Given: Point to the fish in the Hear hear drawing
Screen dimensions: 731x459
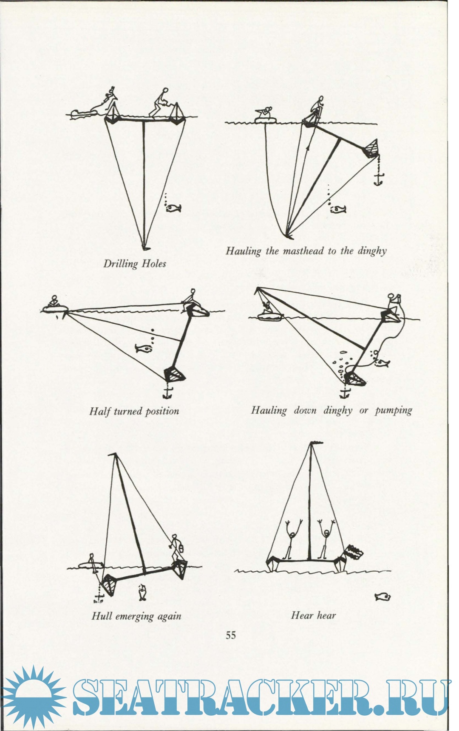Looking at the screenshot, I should point(383,597).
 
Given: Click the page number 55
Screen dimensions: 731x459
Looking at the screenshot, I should point(231,635).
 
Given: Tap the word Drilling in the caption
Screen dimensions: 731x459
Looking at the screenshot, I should point(121,264).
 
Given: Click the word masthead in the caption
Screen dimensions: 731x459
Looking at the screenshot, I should point(303,251).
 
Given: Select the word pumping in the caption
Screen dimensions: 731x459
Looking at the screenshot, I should point(393,410).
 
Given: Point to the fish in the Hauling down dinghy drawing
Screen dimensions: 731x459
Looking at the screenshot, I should point(382,363).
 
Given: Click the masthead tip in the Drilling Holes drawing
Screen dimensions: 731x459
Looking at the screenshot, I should point(145,247).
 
